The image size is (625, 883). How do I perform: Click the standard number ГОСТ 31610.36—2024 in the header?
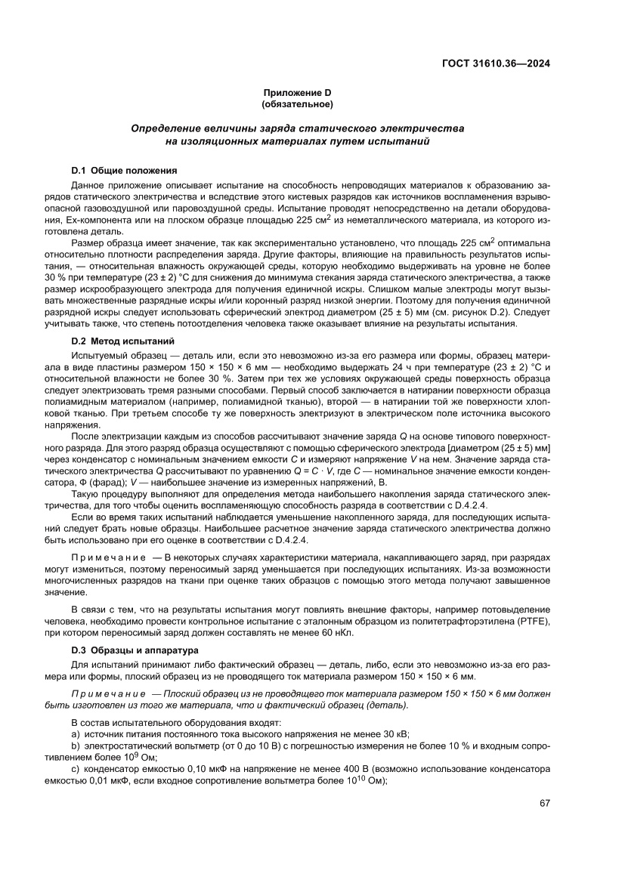[495, 63]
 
